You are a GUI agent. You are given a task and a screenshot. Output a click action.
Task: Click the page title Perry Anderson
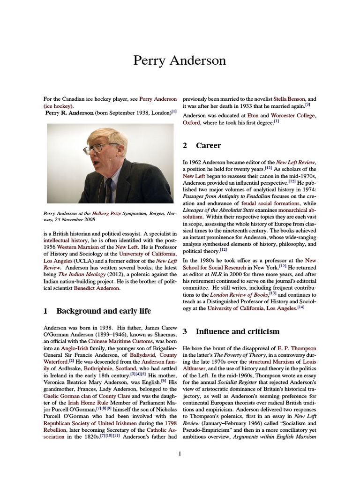click(x=180, y=60)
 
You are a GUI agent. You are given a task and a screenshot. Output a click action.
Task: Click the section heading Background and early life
click(x=104, y=311)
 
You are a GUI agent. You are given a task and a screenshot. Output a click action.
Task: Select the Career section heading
click(x=208, y=145)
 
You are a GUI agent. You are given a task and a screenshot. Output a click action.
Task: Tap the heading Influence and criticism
click(x=237, y=331)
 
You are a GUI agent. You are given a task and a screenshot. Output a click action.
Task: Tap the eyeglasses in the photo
click(x=97, y=147)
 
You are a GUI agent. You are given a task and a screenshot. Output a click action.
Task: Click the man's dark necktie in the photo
click(x=108, y=190)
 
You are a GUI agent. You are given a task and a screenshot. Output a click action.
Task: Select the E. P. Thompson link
click(x=297, y=349)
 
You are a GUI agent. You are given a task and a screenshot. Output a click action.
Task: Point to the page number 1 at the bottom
click(x=180, y=453)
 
